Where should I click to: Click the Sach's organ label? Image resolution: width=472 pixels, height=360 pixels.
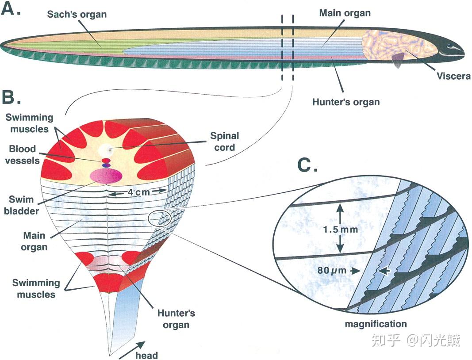point(77,15)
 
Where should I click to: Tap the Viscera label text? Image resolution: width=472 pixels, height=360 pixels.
point(453,76)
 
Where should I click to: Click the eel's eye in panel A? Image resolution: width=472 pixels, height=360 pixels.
point(450,46)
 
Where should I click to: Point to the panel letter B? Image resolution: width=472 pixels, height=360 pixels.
point(12,96)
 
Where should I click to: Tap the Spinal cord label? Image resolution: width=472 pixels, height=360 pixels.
point(225,142)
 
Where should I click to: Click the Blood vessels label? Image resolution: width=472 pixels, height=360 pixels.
point(22,154)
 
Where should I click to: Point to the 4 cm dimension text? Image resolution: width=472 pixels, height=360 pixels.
point(139,192)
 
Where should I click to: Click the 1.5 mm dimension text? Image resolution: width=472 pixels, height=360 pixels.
point(341,230)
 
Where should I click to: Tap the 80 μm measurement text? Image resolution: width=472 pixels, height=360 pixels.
point(332,271)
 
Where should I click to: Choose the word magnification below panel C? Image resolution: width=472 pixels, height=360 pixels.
point(376,324)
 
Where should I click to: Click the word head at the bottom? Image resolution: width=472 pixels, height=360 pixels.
point(146,356)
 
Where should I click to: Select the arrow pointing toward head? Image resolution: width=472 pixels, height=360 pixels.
point(132,350)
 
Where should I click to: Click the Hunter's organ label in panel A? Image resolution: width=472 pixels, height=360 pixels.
point(346,102)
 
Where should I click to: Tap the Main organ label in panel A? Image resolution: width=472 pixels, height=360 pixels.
point(345,13)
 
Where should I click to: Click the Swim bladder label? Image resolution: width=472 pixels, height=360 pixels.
point(21,205)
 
